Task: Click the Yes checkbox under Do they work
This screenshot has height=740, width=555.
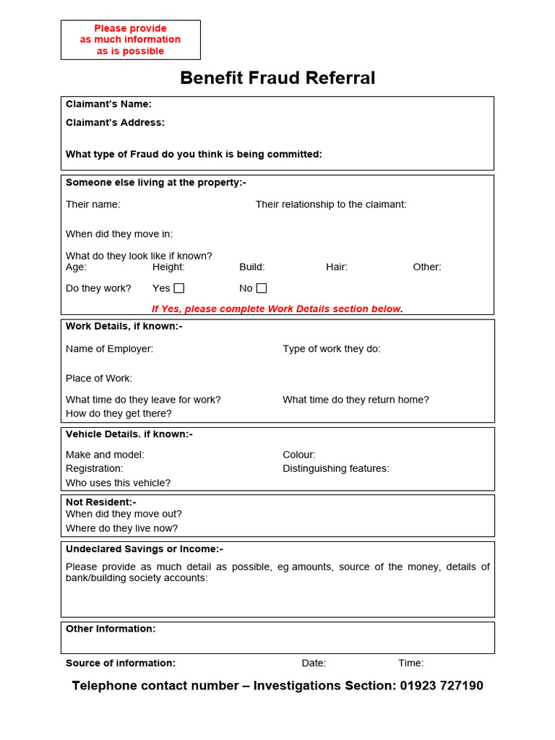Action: click(x=178, y=288)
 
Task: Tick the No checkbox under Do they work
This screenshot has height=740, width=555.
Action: click(x=262, y=288)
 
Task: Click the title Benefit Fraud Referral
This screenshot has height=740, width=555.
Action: click(x=277, y=78)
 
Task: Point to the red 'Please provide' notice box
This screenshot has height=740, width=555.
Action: click(x=131, y=40)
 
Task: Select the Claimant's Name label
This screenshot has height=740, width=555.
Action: click(x=108, y=104)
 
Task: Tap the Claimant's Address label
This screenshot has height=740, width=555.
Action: click(x=115, y=123)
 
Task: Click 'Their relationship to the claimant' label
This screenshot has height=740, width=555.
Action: click(x=331, y=205)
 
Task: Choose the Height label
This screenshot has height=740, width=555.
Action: click(x=168, y=267)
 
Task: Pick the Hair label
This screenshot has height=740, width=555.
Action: click(x=337, y=267)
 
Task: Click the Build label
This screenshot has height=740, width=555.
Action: click(x=252, y=267)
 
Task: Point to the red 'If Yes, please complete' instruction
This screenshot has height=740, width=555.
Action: click(x=277, y=309)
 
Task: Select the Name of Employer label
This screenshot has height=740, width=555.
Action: click(x=109, y=349)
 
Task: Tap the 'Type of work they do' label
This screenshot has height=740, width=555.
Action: click(x=332, y=349)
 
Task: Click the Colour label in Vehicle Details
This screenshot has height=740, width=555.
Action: click(x=299, y=455)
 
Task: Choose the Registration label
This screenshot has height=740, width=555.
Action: click(x=95, y=468)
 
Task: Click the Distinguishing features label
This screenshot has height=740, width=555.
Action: click(x=336, y=468)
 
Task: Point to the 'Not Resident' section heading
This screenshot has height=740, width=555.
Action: click(x=101, y=502)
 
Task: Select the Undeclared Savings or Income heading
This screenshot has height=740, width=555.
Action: click(x=145, y=549)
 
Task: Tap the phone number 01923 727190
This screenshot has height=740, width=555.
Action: click(x=442, y=686)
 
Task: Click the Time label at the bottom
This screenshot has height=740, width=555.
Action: click(x=411, y=663)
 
